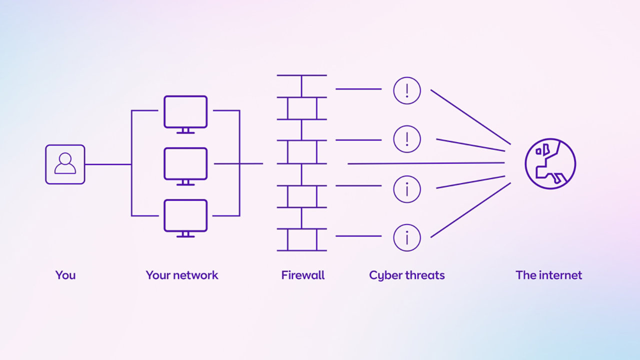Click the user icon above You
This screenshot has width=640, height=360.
tap(65, 164)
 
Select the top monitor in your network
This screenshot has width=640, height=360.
tap(185, 111)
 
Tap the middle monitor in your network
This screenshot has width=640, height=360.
tap(185, 163)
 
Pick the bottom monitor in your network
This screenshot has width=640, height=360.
tap(185, 215)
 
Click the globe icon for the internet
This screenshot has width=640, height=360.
tap(550, 163)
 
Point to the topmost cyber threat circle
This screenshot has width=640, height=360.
tap(407, 90)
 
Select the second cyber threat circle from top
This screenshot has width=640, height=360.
tap(407, 139)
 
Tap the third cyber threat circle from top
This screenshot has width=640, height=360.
tap(407, 189)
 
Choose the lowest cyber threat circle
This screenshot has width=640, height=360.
tap(407, 237)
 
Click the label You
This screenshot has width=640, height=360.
tap(65, 275)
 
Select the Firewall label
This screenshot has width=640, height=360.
tap(303, 275)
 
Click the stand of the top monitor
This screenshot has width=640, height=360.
tap(185, 130)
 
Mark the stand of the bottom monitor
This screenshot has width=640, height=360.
tap(185, 234)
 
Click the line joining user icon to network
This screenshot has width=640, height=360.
tap(107, 164)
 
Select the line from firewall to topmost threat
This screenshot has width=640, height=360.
tap(358, 89)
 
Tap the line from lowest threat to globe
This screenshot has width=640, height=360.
tap(470, 210)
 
